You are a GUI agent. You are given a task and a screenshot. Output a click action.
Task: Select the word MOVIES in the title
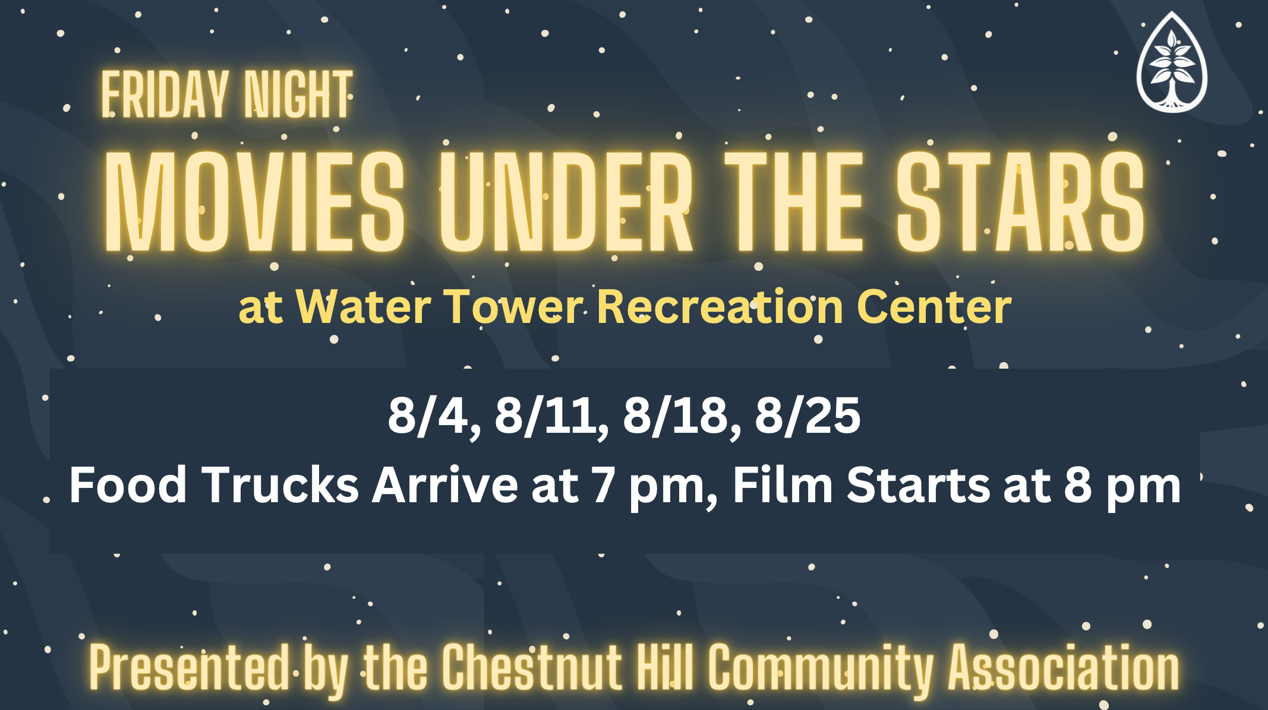click(255, 201)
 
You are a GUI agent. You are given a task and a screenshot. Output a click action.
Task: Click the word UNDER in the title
click(566, 201)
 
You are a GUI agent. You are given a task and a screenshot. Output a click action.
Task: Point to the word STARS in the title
click(1020, 201)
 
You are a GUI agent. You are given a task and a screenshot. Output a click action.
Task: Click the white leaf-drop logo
click(1172, 62)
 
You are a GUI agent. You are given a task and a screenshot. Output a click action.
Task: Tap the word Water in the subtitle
click(364, 307)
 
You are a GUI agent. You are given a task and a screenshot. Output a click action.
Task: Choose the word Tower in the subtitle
click(514, 307)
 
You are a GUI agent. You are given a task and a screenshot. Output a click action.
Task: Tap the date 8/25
click(808, 416)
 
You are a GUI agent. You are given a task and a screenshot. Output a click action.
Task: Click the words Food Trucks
click(214, 485)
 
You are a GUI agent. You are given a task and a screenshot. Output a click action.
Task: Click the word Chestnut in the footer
click(532, 667)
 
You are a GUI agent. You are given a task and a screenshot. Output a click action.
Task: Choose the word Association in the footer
click(1064, 667)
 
